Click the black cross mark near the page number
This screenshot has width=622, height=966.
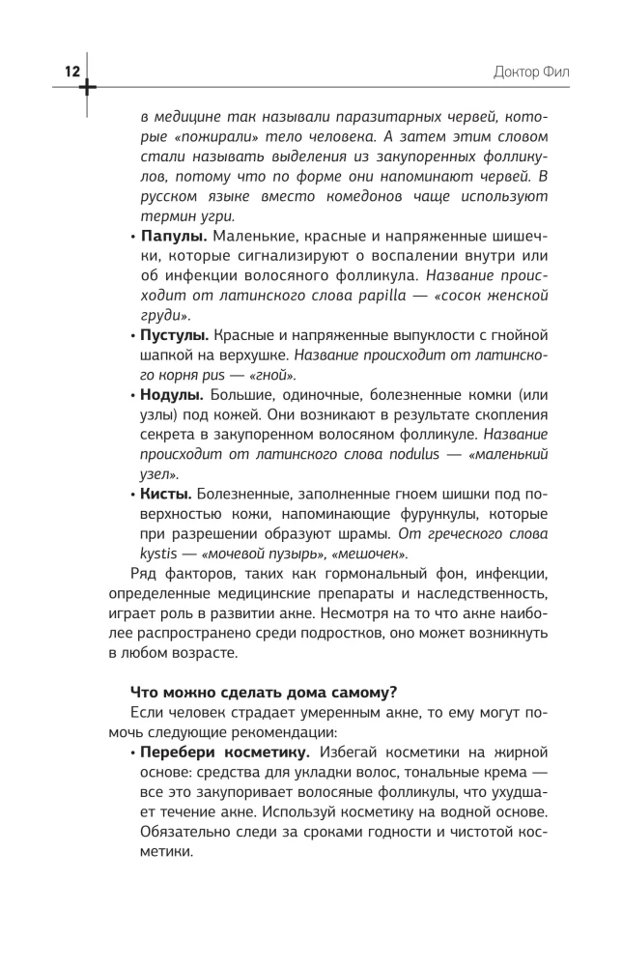(x=88, y=87)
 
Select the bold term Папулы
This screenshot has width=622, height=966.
(x=173, y=236)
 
